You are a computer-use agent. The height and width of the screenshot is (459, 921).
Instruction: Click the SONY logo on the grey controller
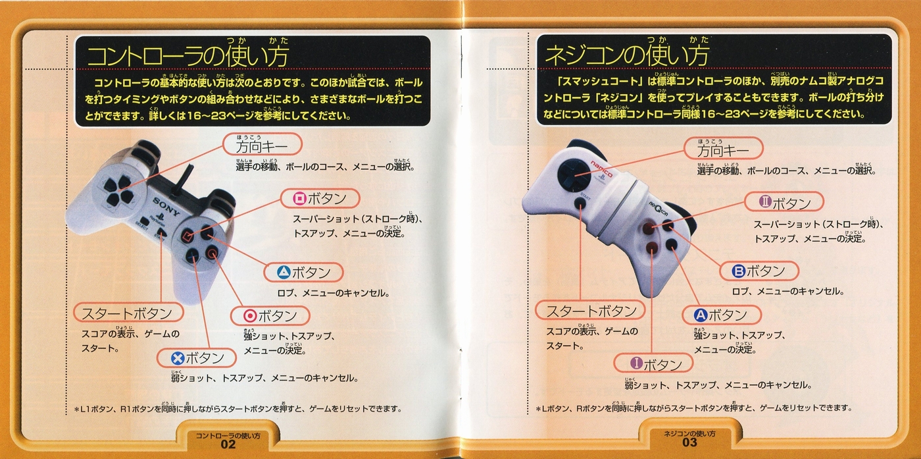pos(166,207)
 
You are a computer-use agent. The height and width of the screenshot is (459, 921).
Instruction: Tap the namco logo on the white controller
pos(601,169)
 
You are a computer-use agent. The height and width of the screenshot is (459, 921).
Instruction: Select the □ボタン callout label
pos(320,199)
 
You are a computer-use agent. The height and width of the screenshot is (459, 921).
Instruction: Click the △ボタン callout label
pos(303,272)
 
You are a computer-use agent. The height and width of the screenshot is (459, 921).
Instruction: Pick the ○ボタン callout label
pos(270,315)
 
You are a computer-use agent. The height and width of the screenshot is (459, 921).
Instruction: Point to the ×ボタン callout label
pos(197,358)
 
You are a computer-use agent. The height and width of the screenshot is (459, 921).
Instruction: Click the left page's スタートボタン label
pos(128,313)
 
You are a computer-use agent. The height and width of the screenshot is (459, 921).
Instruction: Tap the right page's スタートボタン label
pos(590,310)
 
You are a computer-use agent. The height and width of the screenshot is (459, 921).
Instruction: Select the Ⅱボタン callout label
pos(784,202)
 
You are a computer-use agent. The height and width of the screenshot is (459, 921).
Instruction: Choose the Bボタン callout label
pos(759,271)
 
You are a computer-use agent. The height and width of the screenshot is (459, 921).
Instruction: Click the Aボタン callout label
pos(722,315)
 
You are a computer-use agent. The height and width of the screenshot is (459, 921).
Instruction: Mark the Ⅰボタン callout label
pos(653,364)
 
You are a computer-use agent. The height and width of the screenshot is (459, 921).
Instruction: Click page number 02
pos(228,444)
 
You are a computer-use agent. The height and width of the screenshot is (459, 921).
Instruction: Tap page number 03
pos(689,443)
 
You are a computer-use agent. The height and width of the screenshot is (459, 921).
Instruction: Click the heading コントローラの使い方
pos(187,56)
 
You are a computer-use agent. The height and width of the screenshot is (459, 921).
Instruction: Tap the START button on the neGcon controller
pos(580,203)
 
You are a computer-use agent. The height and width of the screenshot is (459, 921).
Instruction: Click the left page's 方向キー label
pos(262,144)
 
